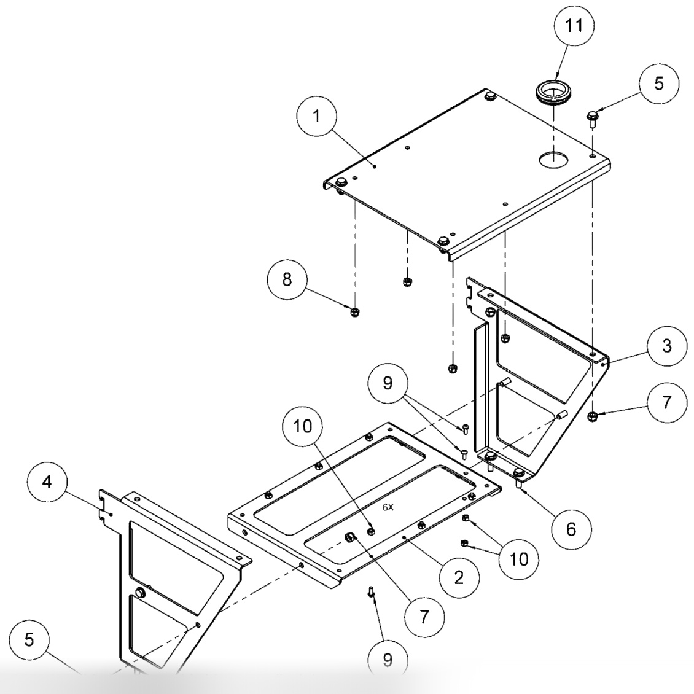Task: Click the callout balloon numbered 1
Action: pos(316,117)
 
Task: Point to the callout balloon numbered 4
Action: pos(47,482)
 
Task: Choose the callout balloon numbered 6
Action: pos(571,529)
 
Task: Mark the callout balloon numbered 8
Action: pos(286,279)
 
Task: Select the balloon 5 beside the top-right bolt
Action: pos(658,84)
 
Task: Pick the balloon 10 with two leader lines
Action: pos(518,558)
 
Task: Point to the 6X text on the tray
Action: pos(388,507)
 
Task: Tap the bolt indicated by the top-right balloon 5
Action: pos(593,117)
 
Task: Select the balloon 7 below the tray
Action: pos(424,616)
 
